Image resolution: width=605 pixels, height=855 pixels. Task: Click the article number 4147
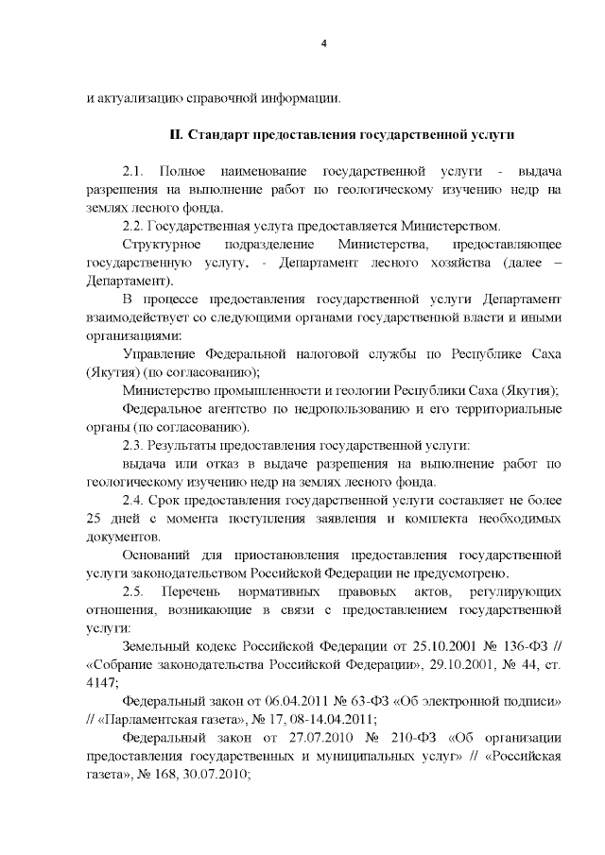click(101, 683)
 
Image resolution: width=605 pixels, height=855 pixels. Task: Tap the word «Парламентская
click(149, 720)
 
